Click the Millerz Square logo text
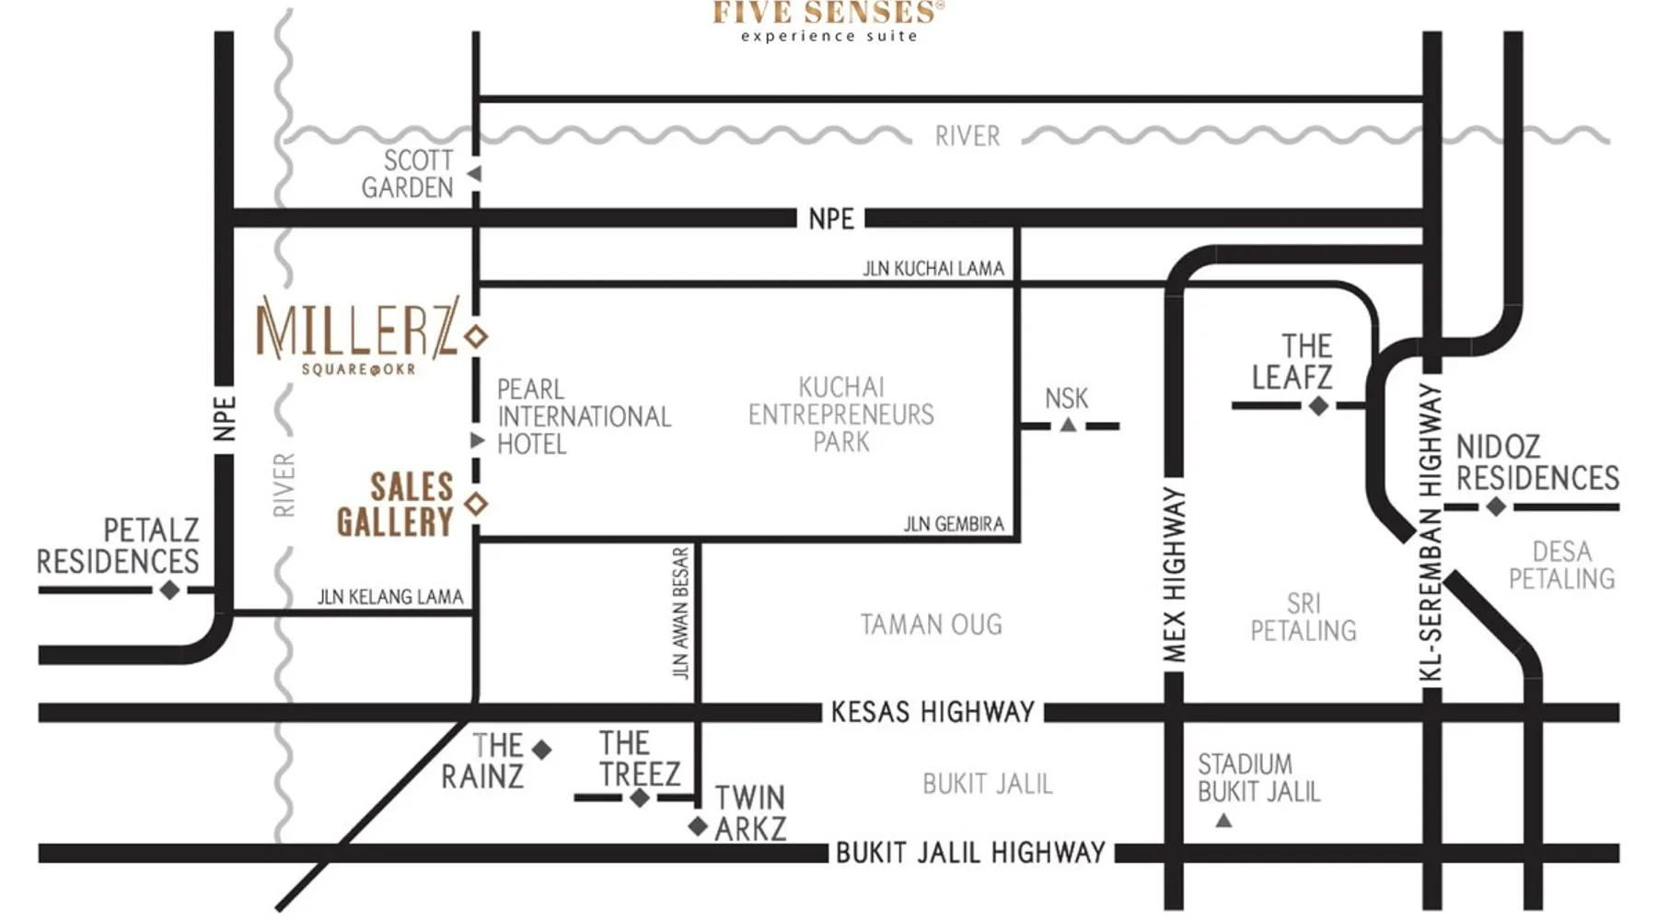[x=357, y=334]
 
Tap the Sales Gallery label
[x=395, y=505]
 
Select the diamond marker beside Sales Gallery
[x=476, y=504]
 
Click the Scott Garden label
[x=408, y=174]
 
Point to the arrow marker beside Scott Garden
[x=474, y=174]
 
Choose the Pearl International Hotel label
[x=584, y=416]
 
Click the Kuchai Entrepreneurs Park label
[x=840, y=414]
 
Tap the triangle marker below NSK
[x=1068, y=425]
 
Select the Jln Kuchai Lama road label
[x=933, y=268]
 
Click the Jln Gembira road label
[x=954, y=524]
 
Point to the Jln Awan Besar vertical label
[x=680, y=613]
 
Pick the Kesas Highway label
[x=933, y=712]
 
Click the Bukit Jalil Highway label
[x=970, y=853]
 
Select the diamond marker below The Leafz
[x=1319, y=405]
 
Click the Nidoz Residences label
[x=1536, y=462]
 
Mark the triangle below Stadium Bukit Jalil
[x=1223, y=820]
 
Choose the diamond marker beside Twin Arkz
[x=698, y=826]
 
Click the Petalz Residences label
[x=118, y=545]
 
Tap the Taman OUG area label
[x=932, y=624]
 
